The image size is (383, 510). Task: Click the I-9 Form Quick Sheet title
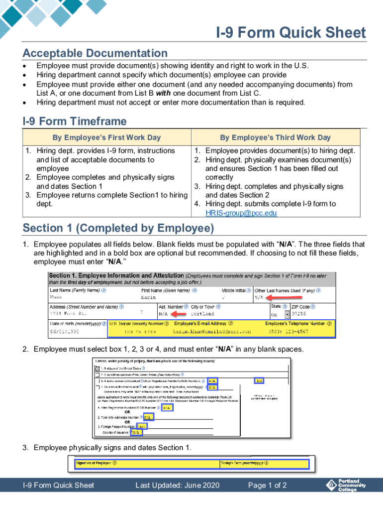[x=290, y=33]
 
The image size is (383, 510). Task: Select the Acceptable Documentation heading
[x=95, y=53]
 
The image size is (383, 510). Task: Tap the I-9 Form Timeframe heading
[x=75, y=122]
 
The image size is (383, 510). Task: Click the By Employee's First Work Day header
[x=106, y=137]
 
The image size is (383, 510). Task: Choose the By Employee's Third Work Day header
[x=275, y=137]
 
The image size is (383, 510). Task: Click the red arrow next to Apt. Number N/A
[x=180, y=314]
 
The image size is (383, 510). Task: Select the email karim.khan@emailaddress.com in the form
[x=212, y=331]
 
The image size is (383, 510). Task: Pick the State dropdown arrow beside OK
[x=287, y=314]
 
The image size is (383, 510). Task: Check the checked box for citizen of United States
[x=96, y=369]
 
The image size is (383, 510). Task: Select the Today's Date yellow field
[x=264, y=464]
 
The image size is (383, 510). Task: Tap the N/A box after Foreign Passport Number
[x=142, y=426]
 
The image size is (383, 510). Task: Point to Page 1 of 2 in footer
[x=267, y=486]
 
